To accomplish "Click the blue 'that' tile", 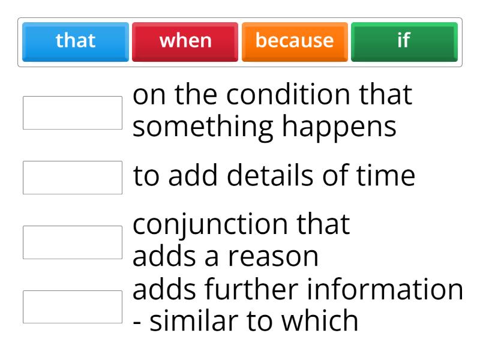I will (x=76, y=41).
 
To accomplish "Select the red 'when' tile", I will (x=185, y=41).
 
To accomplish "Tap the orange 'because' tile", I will (x=295, y=41).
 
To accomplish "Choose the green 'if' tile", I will (x=404, y=41).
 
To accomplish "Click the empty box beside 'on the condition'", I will (x=73, y=113).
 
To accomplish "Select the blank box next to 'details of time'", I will (x=73, y=178).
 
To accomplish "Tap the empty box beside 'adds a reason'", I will (x=73, y=242).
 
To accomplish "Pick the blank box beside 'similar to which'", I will (x=73, y=307).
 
